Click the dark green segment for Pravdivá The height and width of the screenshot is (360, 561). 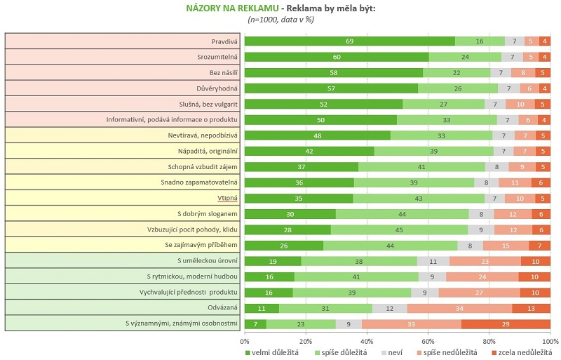349,41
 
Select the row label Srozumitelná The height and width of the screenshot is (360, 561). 217,57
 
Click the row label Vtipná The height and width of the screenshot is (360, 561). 227,199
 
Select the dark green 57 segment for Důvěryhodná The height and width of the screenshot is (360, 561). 331,88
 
